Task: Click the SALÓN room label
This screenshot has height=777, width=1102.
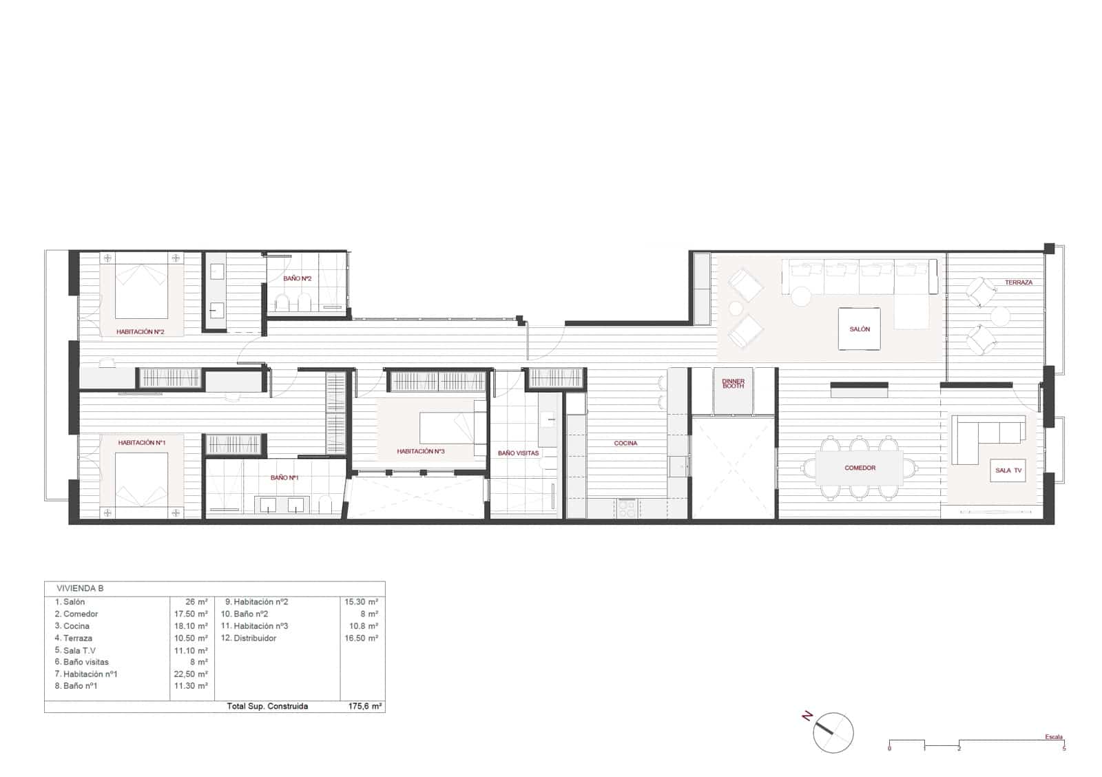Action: click(x=860, y=329)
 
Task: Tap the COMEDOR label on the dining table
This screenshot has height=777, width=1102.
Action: click(x=860, y=468)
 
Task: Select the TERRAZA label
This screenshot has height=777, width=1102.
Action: click(x=1018, y=282)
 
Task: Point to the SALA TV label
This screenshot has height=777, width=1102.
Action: click(x=1008, y=470)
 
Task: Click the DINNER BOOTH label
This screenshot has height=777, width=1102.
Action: click(x=734, y=384)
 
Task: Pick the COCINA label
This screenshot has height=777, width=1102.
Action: click(x=625, y=443)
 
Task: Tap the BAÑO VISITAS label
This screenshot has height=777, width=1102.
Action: click(x=518, y=453)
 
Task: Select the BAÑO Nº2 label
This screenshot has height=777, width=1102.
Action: click(x=298, y=278)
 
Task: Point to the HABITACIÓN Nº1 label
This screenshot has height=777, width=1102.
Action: click(x=141, y=442)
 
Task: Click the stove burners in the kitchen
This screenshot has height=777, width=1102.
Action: click(x=627, y=508)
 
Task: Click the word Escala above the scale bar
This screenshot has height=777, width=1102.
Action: click(x=1053, y=736)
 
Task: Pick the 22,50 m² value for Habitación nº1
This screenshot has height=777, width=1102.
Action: click(x=193, y=674)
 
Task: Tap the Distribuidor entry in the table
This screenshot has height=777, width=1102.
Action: click(x=255, y=638)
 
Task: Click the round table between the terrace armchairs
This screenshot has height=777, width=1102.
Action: click(x=1000, y=316)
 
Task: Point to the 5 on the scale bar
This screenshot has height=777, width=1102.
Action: click(x=1064, y=748)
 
